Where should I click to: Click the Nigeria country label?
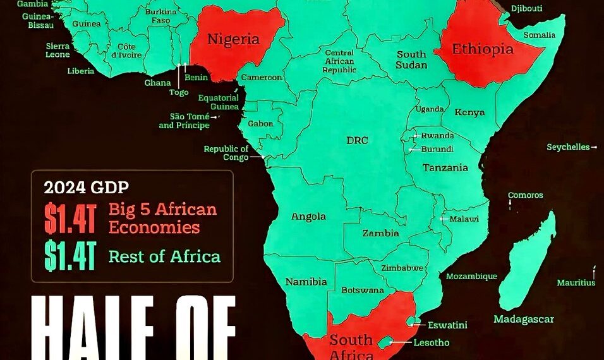[233, 39]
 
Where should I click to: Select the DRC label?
[357, 140]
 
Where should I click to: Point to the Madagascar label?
[524, 319]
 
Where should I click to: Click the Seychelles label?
[568, 147]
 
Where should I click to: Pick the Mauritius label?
[576, 283]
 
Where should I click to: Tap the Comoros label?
[525, 196]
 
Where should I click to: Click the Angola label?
[308, 217]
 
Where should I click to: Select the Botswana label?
[363, 291]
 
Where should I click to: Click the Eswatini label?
[447, 325]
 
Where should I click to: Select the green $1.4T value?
[69, 256]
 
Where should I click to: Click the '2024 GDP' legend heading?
[87, 187]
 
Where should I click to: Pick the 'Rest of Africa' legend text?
[164, 256]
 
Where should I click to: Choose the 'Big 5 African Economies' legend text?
[162, 218]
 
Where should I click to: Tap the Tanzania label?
[445, 168]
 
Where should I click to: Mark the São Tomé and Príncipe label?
[184, 121]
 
